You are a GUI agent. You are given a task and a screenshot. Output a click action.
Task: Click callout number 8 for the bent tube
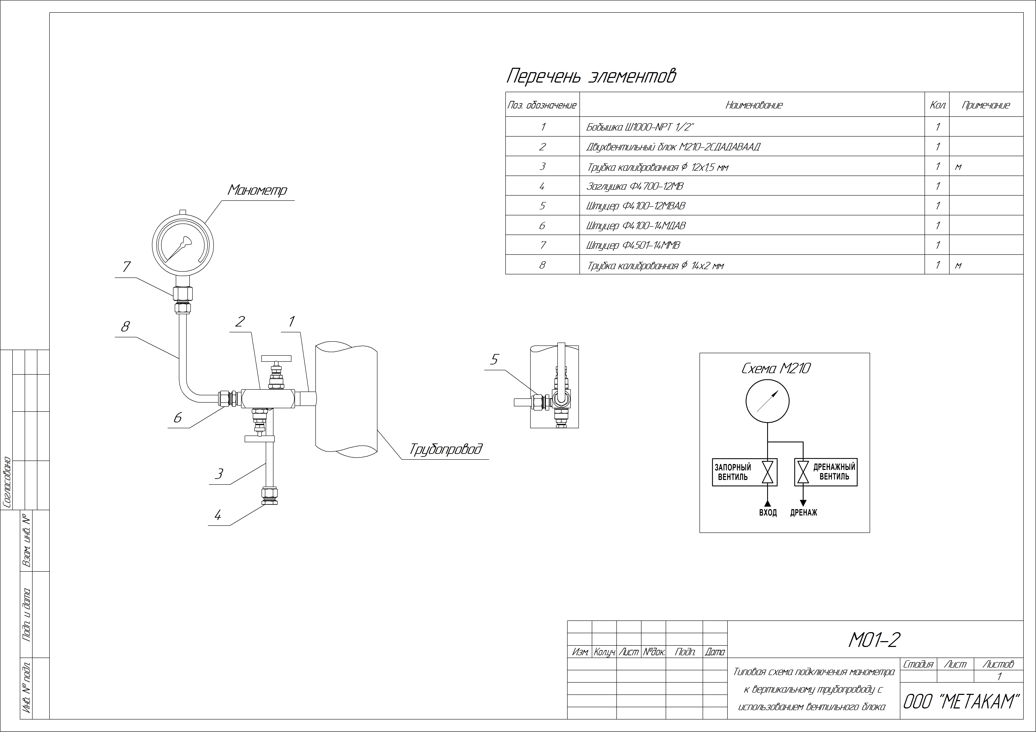(125, 326)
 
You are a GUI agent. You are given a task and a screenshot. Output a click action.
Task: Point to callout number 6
(177, 418)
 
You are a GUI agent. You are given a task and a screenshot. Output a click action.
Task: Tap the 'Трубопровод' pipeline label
(446, 449)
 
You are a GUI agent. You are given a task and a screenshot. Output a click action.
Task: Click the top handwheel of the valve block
(276, 359)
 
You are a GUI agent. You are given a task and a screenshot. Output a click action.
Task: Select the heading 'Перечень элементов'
(591, 76)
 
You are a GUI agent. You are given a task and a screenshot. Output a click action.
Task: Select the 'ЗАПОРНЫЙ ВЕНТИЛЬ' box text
(733, 472)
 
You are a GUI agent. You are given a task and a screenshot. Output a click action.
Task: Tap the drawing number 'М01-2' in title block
(874, 640)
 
